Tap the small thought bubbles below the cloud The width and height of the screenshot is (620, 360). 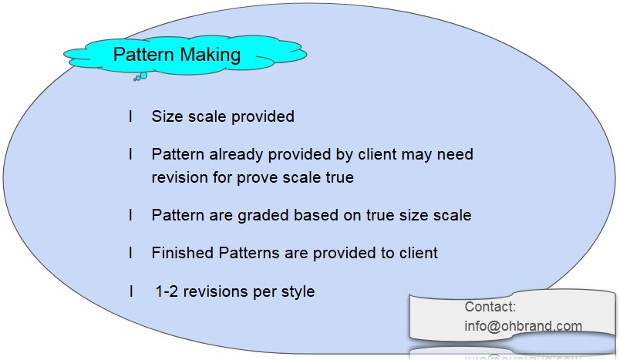tap(140, 76)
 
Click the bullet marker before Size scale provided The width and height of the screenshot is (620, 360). tap(130, 116)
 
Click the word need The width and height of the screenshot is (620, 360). tap(455, 154)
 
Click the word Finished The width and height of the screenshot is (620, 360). tap(183, 253)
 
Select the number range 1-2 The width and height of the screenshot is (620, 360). tap(167, 291)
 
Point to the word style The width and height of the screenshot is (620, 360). tap(298, 291)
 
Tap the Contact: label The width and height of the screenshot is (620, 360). tap(490, 307)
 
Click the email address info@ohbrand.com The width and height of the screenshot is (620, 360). tap(523, 326)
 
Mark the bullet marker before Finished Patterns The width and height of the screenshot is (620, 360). tap(130, 253)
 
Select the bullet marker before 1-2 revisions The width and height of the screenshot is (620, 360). tap(130, 291)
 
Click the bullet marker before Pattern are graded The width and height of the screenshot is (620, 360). tap(130, 215)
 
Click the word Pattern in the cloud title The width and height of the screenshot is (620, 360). tap(143, 55)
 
